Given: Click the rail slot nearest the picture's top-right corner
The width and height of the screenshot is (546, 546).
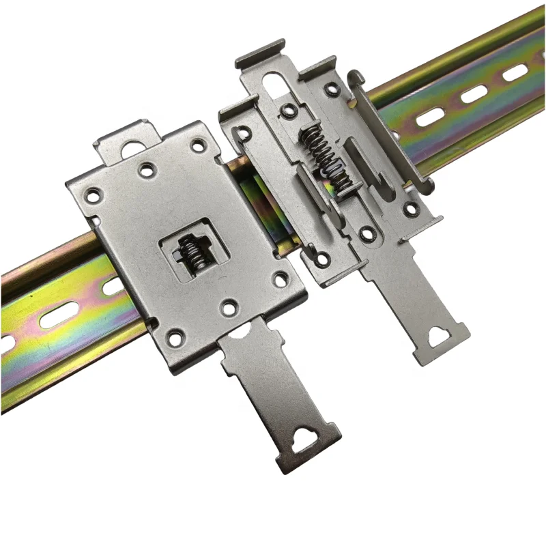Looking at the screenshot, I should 515,72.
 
